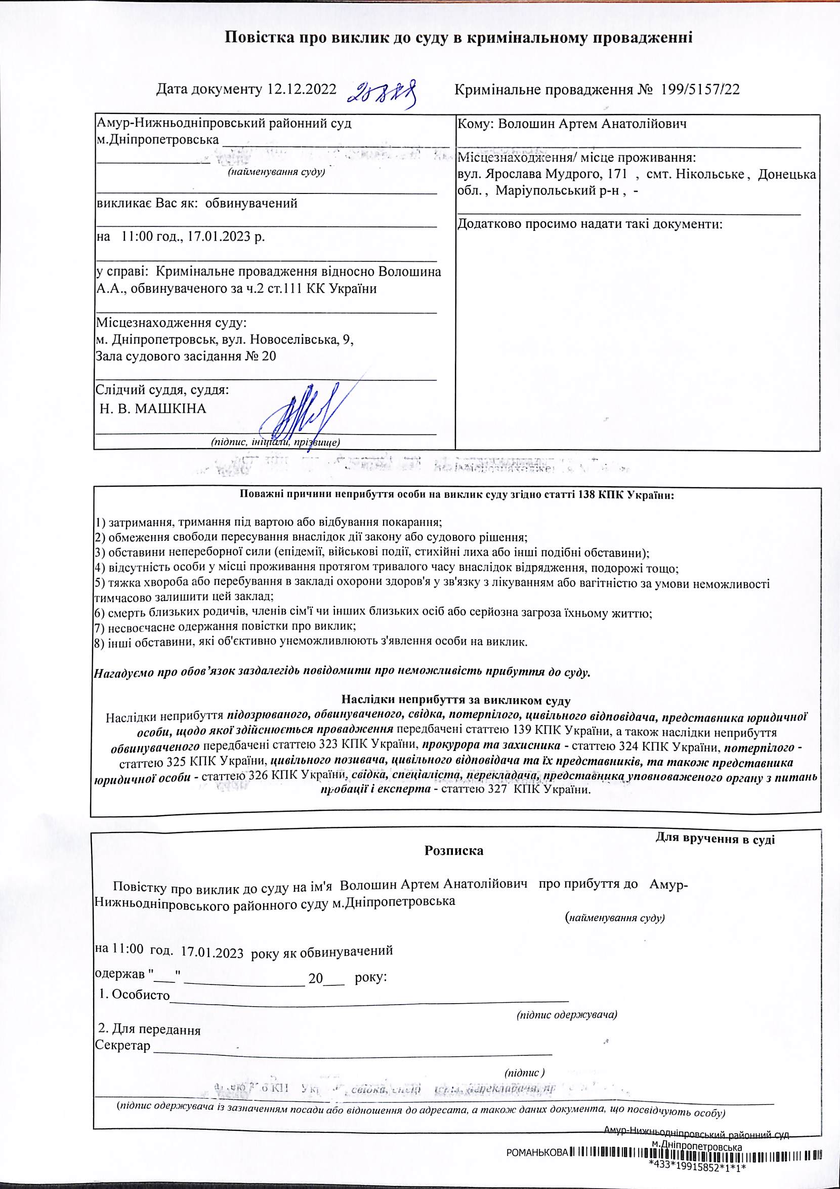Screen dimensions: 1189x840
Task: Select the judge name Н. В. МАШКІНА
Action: pos(153,409)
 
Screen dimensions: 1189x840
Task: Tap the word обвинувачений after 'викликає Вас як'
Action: pos(251,203)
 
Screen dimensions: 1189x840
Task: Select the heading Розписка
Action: pos(454,851)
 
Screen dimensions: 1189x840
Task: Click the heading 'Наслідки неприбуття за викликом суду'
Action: pos(456,701)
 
